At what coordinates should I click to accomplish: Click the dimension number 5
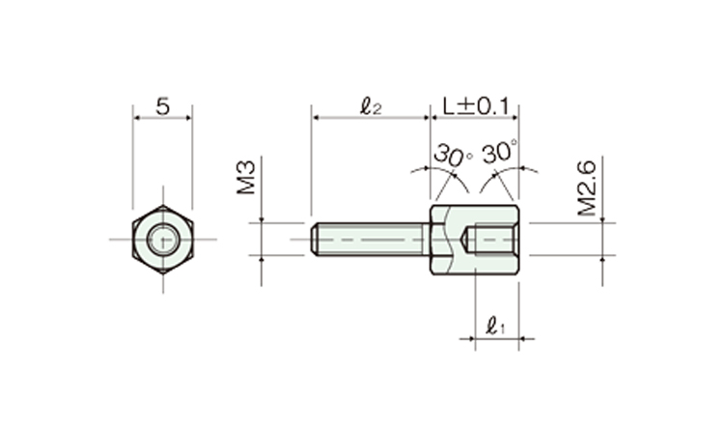click(x=162, y=106)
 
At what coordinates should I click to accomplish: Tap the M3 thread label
click(x=246, y=178)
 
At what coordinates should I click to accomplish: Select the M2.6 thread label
click(x=587, y=188)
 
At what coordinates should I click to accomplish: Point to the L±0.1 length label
click(x=476, y=106)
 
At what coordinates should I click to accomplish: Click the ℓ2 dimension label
click(x=371, y=106)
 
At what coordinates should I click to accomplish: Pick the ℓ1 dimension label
click(x=495, y=326)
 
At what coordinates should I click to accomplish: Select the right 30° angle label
click(x=499, y=152)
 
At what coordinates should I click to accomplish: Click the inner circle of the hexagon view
click(x=162, y=240)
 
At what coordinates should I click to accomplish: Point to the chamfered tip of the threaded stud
click(x=314, y=240)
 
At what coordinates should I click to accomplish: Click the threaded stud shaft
click(x=370, y=240)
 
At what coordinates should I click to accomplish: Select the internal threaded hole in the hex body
click(x=492, y=240)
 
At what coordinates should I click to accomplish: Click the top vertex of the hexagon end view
click(x=162, y=205)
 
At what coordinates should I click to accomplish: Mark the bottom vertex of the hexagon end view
click(x=162, y=274)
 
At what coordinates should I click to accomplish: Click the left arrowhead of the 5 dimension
click(x=136, y=118)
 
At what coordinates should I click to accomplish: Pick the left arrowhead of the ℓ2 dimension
click(x=315, y=118)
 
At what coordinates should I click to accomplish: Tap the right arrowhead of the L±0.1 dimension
click(x=515, y=118)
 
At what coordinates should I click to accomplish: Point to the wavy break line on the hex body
click(x=449, y=240)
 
